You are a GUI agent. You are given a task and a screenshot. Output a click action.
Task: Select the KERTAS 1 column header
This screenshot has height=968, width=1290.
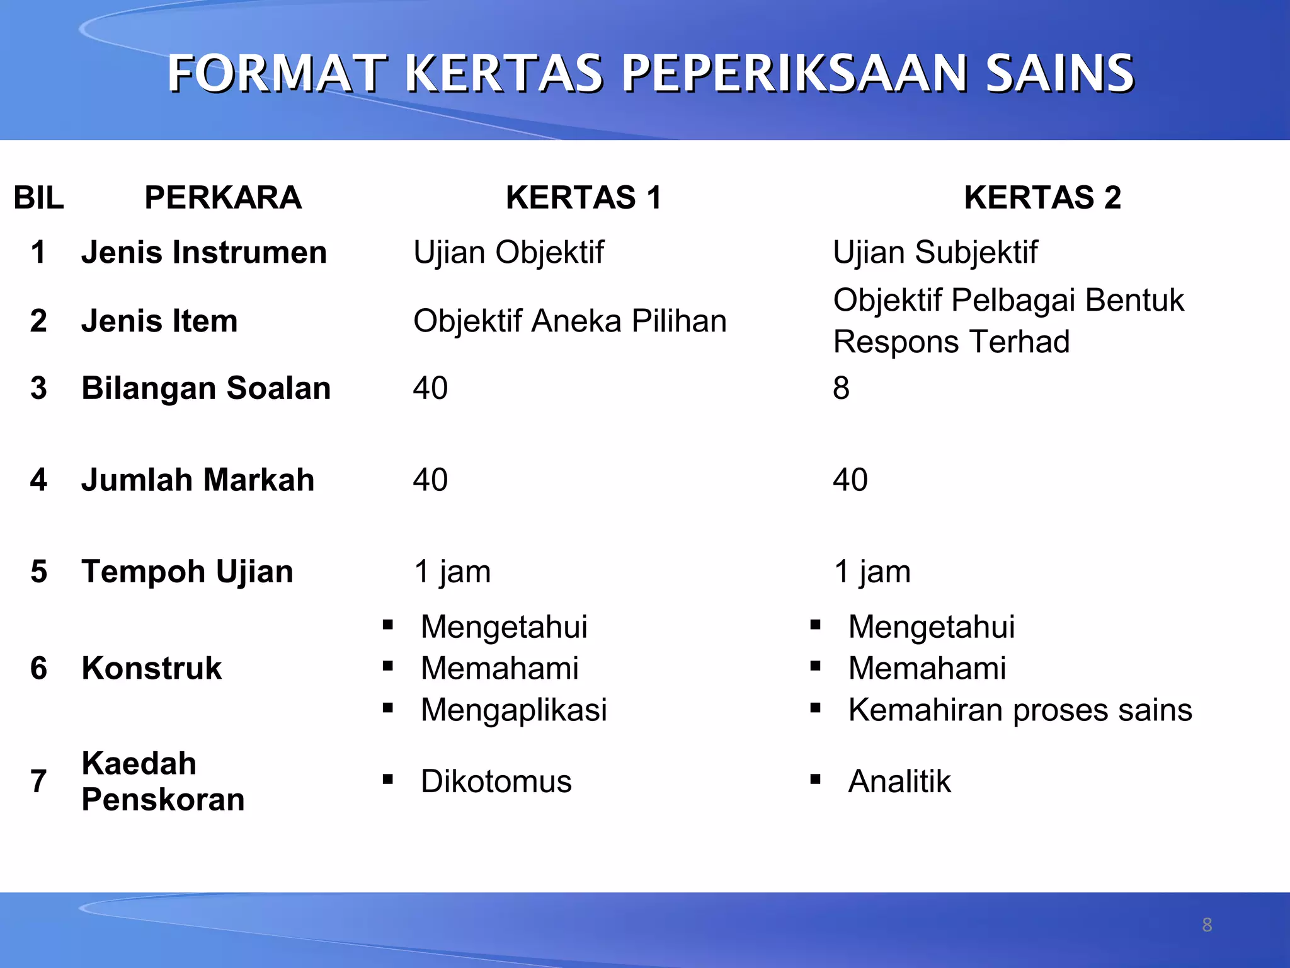tap(583, 198)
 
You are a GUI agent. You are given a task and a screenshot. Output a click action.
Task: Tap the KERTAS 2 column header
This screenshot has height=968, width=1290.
tap(1042, 198)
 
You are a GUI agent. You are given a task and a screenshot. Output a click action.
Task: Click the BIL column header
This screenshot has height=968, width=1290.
tap(38, 198)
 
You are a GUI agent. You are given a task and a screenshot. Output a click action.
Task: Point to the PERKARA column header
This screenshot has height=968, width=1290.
tap(223, 198)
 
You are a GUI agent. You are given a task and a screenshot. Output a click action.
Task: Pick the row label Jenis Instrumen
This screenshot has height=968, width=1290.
tap(204, 253)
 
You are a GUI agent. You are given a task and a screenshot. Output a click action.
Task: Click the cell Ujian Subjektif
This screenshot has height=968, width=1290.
tap(935, 253)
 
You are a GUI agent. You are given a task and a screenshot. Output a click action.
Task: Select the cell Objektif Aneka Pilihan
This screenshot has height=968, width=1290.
tap(569, 321)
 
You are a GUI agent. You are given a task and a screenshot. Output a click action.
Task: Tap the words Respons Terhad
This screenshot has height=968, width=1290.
tap(951, 342)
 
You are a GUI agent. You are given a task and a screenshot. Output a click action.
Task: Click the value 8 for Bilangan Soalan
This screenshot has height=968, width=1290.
tap(841, 388)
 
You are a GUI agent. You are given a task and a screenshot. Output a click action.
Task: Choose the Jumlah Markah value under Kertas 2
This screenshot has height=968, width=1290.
tap(850, 480)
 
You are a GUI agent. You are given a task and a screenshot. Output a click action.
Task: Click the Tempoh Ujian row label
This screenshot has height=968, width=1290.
tap(187, 572)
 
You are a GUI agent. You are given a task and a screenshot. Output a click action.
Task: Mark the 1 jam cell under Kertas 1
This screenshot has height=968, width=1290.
tap(452, 572)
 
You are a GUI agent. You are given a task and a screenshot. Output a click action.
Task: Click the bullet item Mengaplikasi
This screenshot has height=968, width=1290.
tap(513, 710)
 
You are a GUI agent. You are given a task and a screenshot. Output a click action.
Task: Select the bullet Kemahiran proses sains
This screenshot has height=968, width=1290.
tap(1020, 710)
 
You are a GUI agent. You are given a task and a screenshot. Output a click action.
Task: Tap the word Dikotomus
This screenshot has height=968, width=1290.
tap(496, 782)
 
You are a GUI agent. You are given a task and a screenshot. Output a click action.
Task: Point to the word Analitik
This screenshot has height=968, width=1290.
tap(899, 782)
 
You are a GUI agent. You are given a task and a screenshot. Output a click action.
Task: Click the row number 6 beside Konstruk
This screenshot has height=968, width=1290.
tap(38, 669)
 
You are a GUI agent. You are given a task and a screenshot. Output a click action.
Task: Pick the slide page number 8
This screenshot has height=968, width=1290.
tap(1207, 925)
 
